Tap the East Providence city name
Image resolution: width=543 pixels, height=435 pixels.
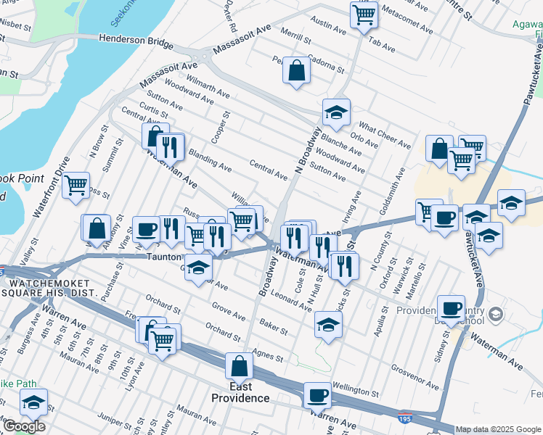(x=240, y=398)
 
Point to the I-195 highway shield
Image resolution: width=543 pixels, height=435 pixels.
(x=406, y=418)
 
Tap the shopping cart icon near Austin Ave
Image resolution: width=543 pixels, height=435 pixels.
(x=363, y=14)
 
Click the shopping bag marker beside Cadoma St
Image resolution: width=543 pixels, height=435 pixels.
(x=296, y=70)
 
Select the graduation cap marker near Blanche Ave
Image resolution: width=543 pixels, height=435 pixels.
(x=336, y=112)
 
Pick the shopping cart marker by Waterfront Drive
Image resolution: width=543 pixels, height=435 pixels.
(x=75, y=186)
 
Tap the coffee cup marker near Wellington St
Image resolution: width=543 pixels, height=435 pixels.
(x=317, y=396)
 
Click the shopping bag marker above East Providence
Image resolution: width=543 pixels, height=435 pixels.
(x=239, y=367)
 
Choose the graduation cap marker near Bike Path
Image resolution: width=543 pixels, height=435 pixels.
(x=33, y=402)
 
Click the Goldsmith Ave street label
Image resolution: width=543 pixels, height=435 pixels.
(x=399, y=188)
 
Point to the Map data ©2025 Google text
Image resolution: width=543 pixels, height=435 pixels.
(x=498, y=429)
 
